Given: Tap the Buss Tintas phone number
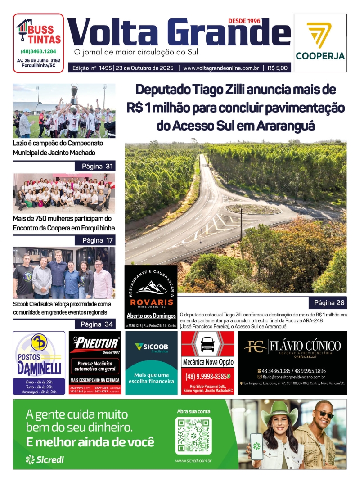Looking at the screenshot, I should pyautogui.click(x=38, y=51).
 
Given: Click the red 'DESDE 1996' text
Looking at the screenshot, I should pyautogui.click(x=244, y=21).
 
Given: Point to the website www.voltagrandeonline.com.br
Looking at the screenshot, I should pyautogui.click(x=221, y=68).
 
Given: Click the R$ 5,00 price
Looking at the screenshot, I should pyautogui.click(x=279, y=68).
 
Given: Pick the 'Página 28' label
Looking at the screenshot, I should pyautogui.click(x=329, y=302).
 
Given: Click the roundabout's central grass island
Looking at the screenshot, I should pyautogui.click(x=253, y=209).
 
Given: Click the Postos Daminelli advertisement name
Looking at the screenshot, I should pyautogui.click(x=39, y=367).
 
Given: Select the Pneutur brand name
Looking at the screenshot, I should pyautogui.click(x=96, y=344).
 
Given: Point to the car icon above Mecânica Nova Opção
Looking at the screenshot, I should pyautogui.click(x=207, y=345).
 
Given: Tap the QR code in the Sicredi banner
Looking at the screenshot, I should pyautogui.click(x=193, y=436).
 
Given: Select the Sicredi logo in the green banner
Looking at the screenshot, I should pyautogui.click(x=45, y=459).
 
